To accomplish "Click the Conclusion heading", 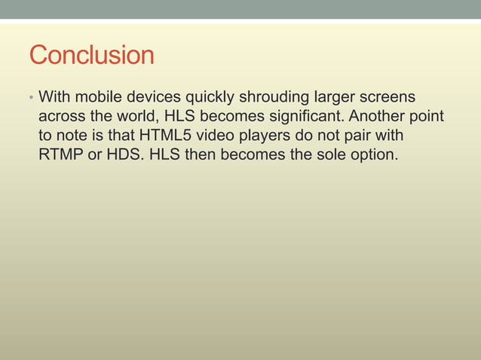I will tap(91, 55).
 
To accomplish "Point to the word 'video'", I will tap(216, 137).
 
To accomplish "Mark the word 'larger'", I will tap(336, 99).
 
